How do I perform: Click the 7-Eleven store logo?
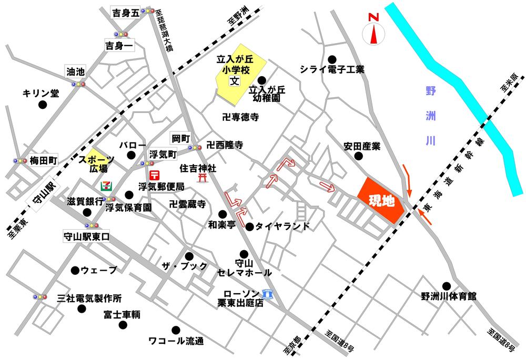click(x=106, y=186)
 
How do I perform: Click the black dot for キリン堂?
click(x=43, y=105)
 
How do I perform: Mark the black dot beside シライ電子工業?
click(x=332, y=59)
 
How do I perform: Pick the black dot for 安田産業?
click(x=358, y=156)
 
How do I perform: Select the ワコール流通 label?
click(x=176, y=341)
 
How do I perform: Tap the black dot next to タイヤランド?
click(x=249, y=227)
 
